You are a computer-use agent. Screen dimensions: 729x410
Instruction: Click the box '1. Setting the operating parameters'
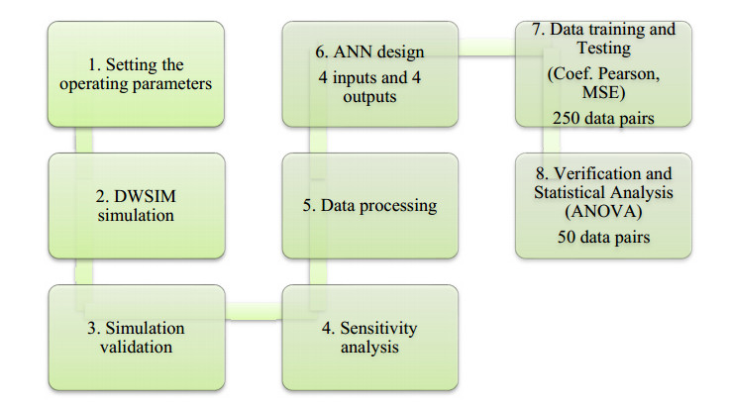coord(136,74)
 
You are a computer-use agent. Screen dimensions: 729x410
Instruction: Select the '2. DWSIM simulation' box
coord(137,206)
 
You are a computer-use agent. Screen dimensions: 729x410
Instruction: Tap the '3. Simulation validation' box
coord(137,338)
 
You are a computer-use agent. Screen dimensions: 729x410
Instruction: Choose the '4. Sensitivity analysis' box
coord(370,338)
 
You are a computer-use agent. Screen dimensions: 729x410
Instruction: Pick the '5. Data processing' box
coord(370,206)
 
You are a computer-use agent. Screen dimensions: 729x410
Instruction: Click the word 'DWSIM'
coord(145,196)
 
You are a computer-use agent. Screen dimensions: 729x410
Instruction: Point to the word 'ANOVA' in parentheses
coord(603,212)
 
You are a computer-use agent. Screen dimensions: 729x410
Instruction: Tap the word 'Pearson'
coord(629,74)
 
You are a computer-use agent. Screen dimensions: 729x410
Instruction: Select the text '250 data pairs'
coord(603,118)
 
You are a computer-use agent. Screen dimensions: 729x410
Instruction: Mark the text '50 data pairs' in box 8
coord(603,237)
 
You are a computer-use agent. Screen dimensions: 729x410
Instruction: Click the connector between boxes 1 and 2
coord(84,140)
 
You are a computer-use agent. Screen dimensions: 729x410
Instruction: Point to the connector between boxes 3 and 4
coord(254,311)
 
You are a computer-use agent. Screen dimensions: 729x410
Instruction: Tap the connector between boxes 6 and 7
coord(486,48)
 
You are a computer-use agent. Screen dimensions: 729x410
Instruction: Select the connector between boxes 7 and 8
coord(552,140)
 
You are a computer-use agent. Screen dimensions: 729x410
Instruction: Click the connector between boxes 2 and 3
coord(84,272)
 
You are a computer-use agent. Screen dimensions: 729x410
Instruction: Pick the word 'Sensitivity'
coord(378,328)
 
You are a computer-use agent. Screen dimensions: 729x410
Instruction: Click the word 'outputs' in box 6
coord(369,97)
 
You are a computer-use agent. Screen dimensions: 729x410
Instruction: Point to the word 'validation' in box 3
coord(137,347)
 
